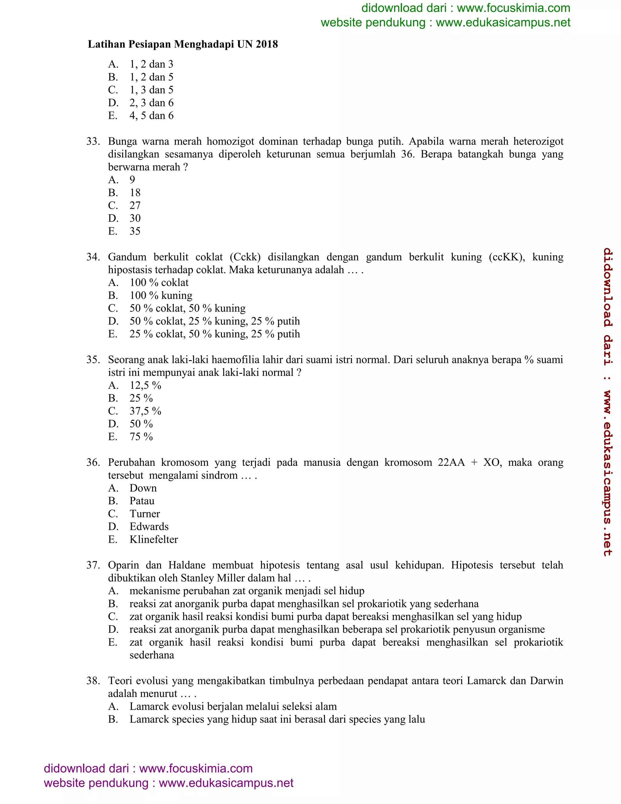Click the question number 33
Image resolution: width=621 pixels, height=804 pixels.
[93, 141]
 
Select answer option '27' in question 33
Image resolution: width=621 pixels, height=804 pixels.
[135, 205]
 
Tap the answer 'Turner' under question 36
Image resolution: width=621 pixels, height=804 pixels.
[145, 514]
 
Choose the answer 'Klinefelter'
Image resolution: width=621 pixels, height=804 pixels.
[153, 539]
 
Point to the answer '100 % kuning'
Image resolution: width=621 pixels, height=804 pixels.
[161, 295]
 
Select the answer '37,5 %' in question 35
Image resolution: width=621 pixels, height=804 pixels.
[145, 411]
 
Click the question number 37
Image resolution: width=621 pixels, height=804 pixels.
[93, 565]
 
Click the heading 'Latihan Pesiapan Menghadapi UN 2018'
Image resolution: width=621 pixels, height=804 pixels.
[183, 44]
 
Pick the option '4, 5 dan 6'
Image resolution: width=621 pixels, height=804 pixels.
[151, 116]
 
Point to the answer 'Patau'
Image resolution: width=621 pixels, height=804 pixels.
[142, 501]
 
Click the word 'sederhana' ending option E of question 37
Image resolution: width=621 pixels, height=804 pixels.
[152, 655]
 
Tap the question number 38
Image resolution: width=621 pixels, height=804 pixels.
[93, 681]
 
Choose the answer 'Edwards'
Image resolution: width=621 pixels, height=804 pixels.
[149, 526]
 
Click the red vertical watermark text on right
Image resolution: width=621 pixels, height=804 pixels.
[607, 401]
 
